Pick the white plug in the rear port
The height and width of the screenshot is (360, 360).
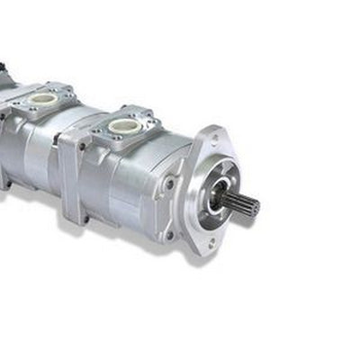(x=41, y=97)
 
